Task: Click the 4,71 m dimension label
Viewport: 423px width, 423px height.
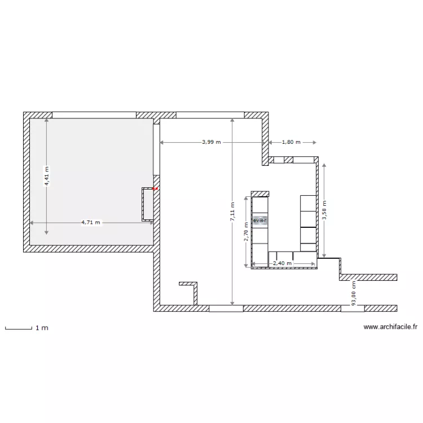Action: (91, 222)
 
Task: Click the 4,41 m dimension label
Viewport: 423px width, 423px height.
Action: (47, 175)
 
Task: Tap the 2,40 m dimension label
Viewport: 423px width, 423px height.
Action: (282, 263)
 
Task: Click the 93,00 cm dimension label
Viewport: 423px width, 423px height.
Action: (354, 294)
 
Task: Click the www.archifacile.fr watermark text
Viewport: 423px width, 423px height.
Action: (390, 326)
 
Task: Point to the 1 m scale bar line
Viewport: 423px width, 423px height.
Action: (17, 328)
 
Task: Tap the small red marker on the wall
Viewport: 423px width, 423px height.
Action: (155, 190)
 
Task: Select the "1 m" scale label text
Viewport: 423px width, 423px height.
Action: (42, 328)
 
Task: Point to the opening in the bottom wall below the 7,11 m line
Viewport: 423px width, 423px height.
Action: (226, 309)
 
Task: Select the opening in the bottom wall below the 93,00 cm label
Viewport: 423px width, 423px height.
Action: (352, 309)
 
